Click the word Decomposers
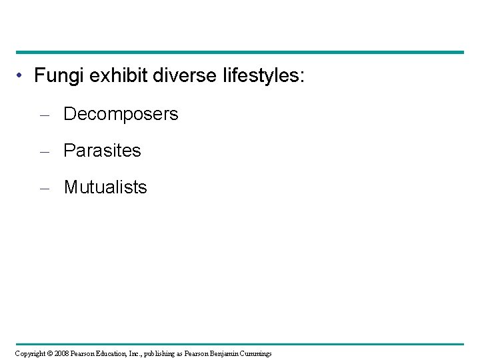(x=121, y=115)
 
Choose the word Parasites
(x=102, y=151)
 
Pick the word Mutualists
(x=105, y=187)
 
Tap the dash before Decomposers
(x=44, y=115)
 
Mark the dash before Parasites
(x=44, y=152)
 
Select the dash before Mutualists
(x=44, y=189)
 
